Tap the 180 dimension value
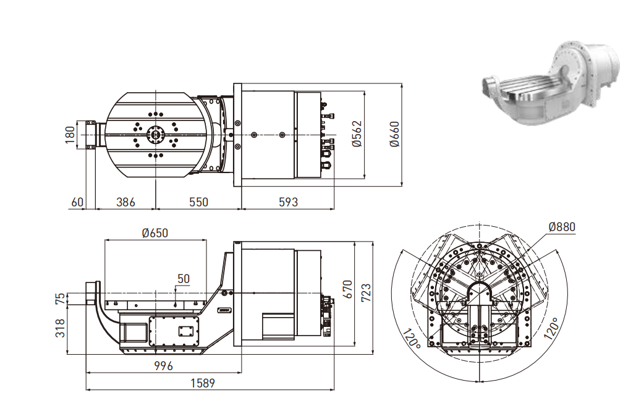pos(70,133)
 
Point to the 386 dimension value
pos(125,202)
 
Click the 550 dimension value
pos(198,202)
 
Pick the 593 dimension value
pos(287,202)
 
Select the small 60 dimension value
pos(77,202)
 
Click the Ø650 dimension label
pos(155,233)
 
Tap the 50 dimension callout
pos(184,279)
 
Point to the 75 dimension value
pos(60,299)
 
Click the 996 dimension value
pos(163,366)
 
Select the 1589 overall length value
pos(203,383)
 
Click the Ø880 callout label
pos(561,227)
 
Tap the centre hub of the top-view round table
pos(155,134)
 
